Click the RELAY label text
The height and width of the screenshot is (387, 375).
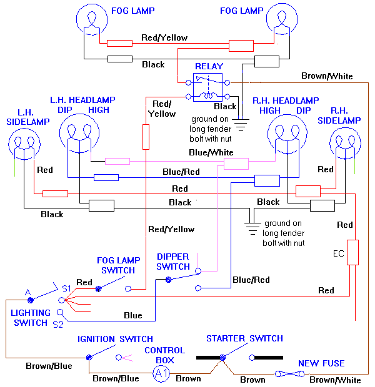click(x=209, y=66)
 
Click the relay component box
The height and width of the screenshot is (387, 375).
click(x=208, y=87)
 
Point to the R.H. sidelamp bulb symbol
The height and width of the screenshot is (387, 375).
click(x=346, y=142)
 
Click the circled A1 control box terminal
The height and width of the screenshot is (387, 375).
click(x=161, y=374)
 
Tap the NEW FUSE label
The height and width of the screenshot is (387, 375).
click(x=321, y=363)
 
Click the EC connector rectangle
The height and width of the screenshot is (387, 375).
click(x=353, y=252)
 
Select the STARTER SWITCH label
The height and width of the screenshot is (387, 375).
click(x=244, y=338)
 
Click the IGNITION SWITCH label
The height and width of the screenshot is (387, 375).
click(x=115, y=339)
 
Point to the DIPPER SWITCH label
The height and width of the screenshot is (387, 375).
click(x=173, y=262)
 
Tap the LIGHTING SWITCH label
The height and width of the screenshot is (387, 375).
click(x=30, y=318)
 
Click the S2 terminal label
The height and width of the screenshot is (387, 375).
click(x=57, y=325)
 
